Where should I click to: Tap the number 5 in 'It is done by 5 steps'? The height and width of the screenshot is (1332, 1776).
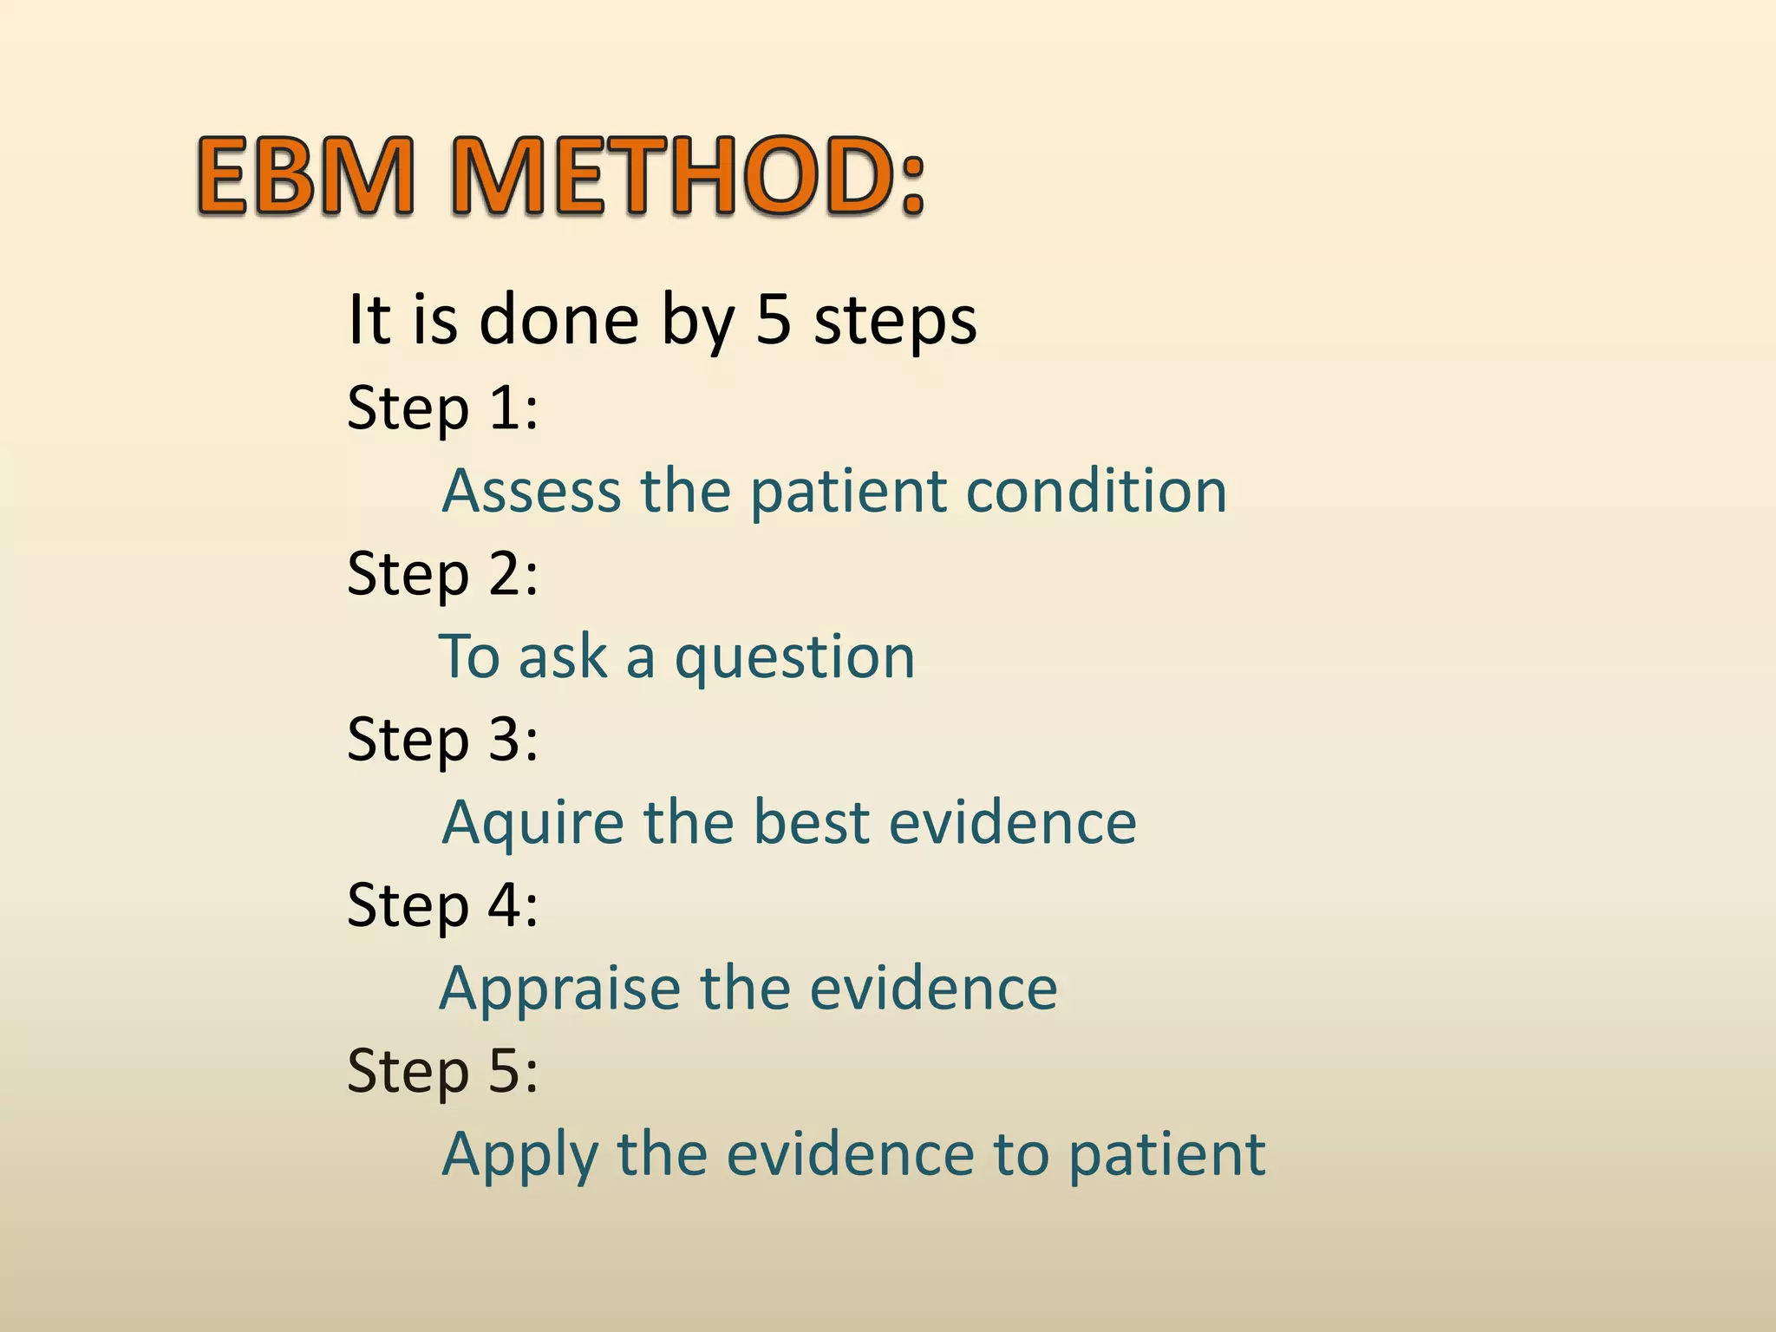(x=774, y=319)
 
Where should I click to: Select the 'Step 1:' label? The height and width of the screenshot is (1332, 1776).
(x=442, y=408)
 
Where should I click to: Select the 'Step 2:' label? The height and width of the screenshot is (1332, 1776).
(x=442, y=573)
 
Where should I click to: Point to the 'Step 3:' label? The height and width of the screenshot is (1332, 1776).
(x=442, y=739)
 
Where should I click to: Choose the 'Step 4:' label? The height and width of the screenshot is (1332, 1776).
(x=442, y=905)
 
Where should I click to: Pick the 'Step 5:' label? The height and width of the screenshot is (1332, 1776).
(x=442, y=1071)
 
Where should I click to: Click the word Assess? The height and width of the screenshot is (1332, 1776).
(x=532, y=491)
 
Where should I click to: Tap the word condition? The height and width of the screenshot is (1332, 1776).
(x=1096, y=491)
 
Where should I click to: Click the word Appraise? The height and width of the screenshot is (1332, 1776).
(x=560, y=989)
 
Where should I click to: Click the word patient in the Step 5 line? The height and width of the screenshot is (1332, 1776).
(x=1166, y=1156)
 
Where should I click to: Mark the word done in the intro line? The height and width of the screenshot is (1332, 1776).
(x=559, y=319)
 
